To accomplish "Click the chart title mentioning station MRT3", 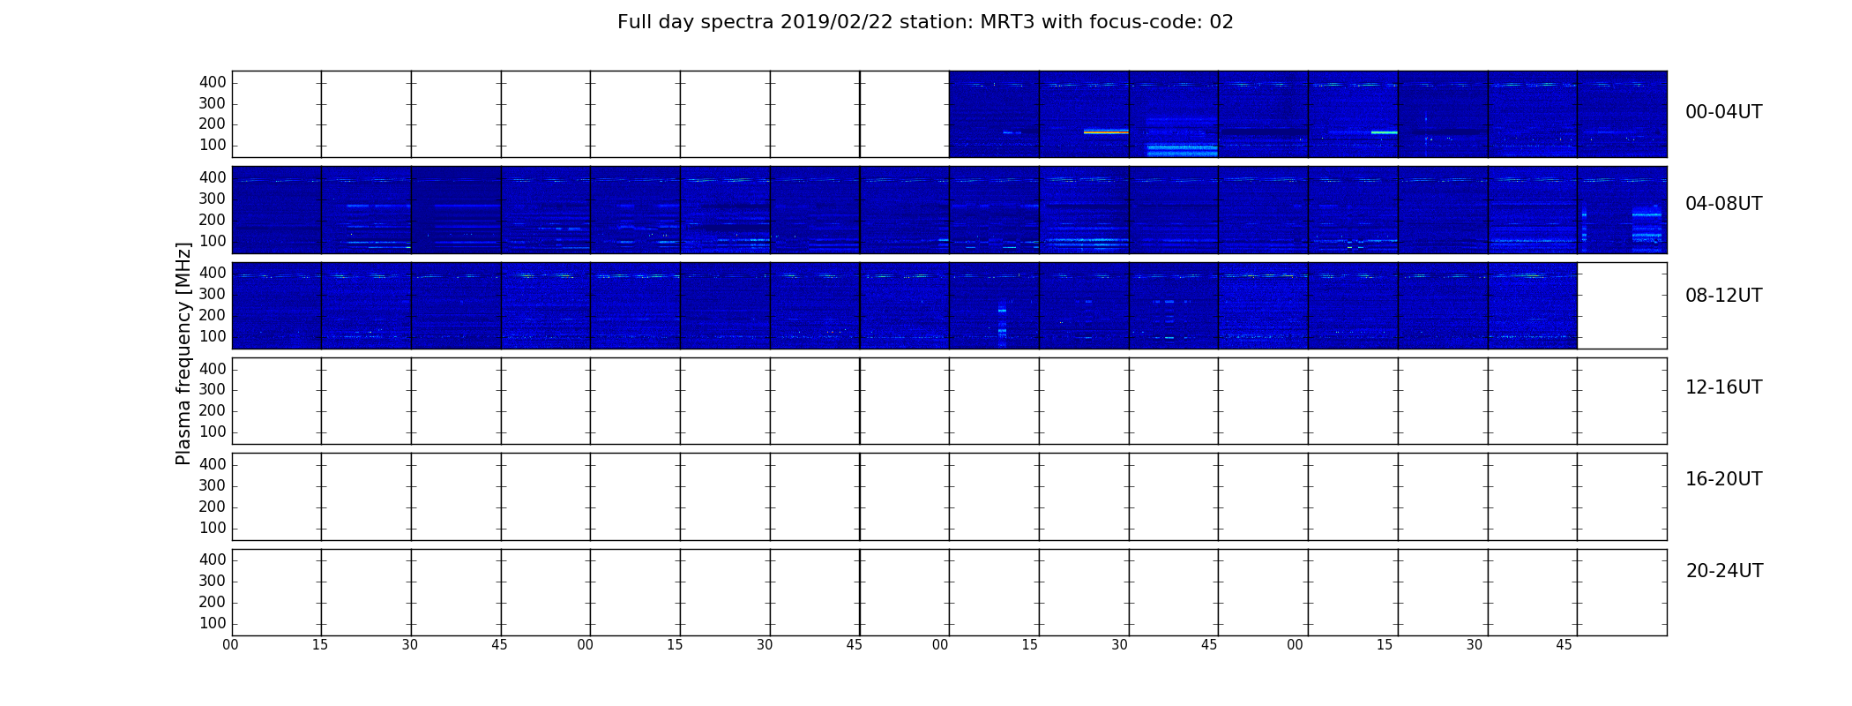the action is tap(925, 22).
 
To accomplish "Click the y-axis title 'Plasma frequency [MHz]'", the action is tap(183, 353).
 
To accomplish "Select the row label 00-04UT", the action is tap(1723, 112).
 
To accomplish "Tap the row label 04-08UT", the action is tap(1723, 204).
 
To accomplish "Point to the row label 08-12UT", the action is tap(1723, 296).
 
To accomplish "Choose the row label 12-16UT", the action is tap(1723, 387).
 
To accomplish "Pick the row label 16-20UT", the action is tap(1723, 479).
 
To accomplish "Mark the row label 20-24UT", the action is tap(1724, 571).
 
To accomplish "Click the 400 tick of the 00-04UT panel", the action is tap(213, 82).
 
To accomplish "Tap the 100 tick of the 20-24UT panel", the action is tap(213, 623).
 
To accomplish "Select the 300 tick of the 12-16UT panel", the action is tap(213, 389).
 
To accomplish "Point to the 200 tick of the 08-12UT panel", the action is tap(213, 315).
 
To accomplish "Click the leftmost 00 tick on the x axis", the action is tap(230, 645).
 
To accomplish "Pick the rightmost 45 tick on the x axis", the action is tap(1564, 645).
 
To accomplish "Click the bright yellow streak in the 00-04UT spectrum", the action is tap(1106, 132).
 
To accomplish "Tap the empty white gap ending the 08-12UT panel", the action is tap(1622, 305).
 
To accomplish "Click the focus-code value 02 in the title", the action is tap(1221, 22).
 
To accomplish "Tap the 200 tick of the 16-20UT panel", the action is tap(213, 507).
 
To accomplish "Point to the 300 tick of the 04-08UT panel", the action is tap(213, 199).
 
